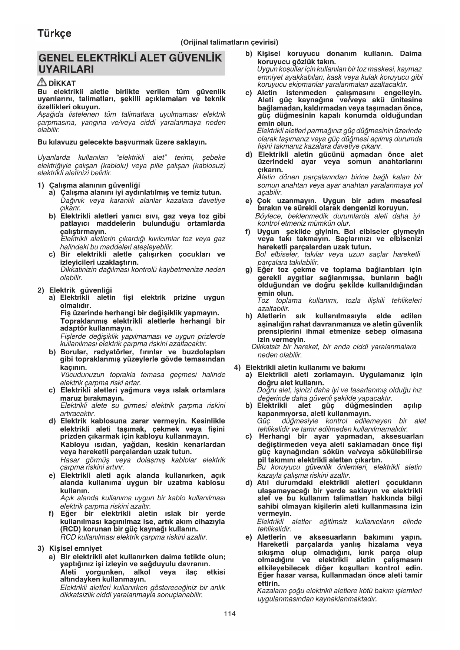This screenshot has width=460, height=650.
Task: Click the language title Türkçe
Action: point(54,33)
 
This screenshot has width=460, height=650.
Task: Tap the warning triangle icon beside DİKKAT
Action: point(42,83)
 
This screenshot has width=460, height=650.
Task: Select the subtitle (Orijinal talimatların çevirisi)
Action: point(229,42)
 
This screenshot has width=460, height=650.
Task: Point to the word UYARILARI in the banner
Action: point(66,69)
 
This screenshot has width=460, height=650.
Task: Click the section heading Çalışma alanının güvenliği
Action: point(94,185)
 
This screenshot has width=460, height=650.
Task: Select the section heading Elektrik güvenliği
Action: point(80,290)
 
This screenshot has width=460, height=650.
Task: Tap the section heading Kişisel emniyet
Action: point(75,548)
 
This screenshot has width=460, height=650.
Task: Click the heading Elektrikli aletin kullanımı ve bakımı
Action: point(305,367)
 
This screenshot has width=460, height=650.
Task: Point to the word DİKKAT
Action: point(62,83)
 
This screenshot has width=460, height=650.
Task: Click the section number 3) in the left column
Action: point(41,548)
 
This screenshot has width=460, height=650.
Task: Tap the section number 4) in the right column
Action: point(238,367)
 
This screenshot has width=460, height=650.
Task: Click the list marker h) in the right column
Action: point(249,316)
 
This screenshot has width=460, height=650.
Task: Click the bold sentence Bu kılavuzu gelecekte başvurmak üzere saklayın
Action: point(122,142)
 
